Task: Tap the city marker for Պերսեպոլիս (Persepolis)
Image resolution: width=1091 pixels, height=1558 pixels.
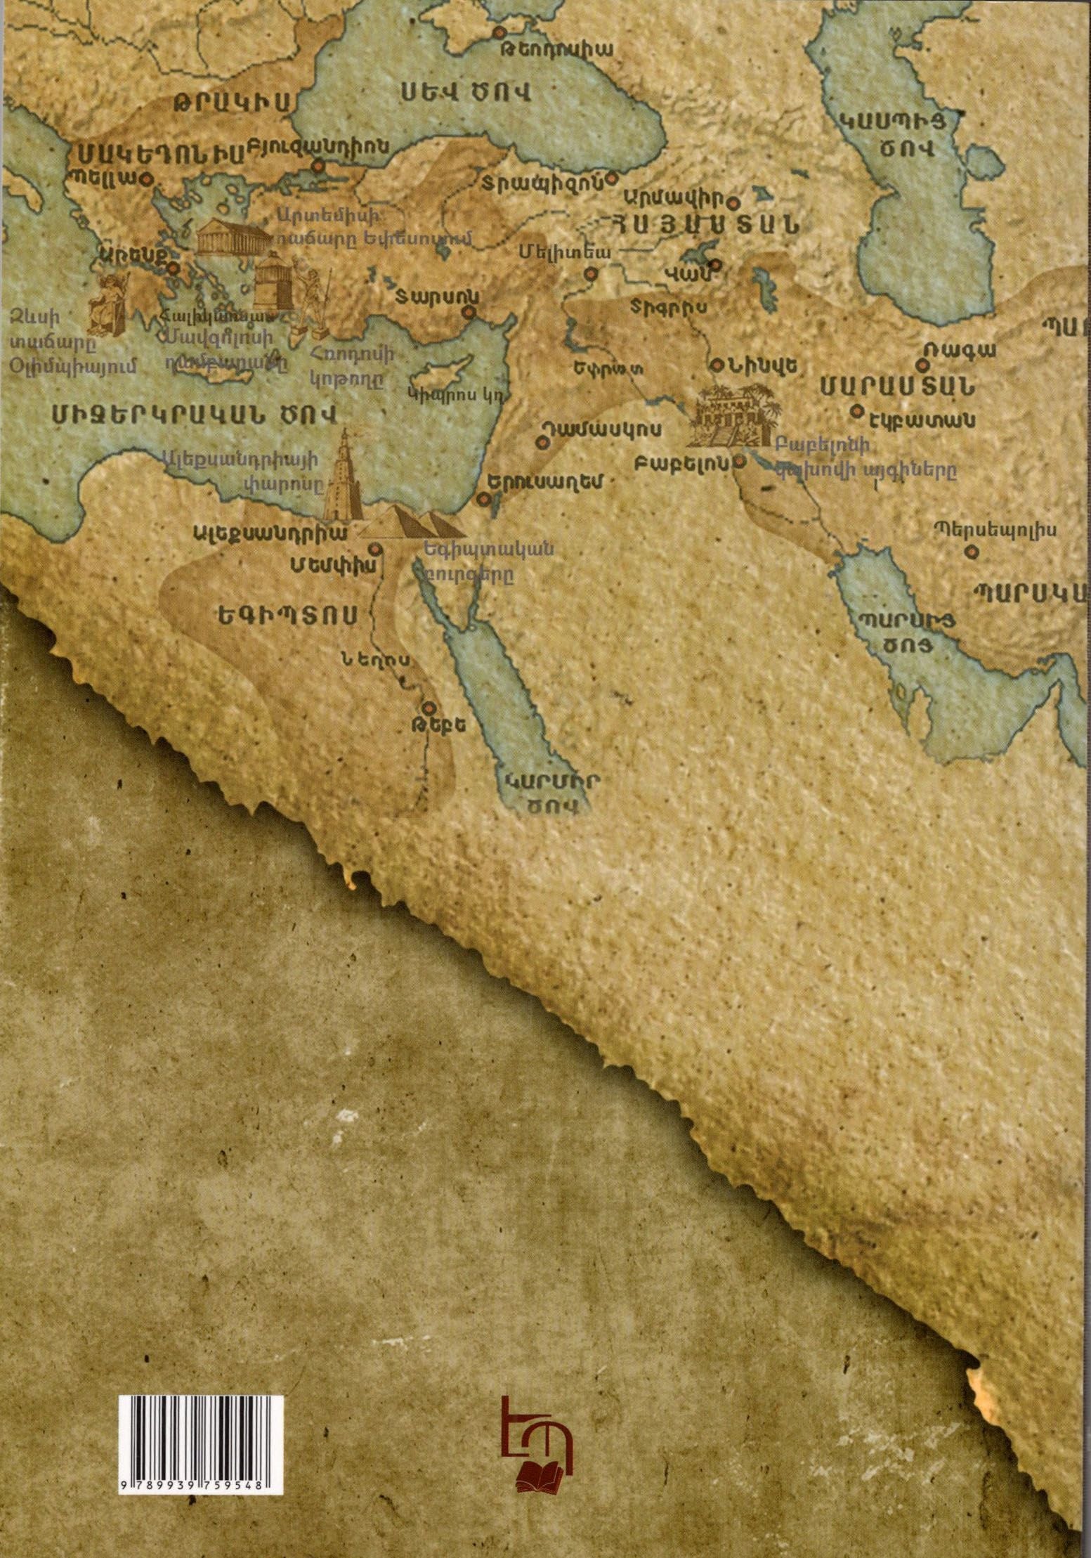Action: click(x=971, y=550)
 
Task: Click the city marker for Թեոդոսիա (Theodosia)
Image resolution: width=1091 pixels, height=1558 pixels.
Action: click(x=499, y=33)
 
